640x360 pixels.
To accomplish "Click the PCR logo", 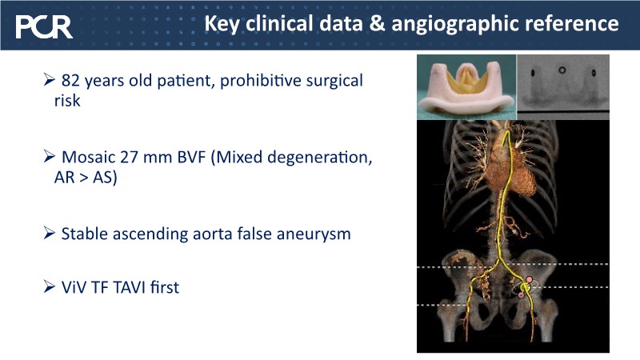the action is click(44, 27).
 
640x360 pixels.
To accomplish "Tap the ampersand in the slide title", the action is click(377, 23).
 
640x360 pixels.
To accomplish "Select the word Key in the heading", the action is click(222, 24).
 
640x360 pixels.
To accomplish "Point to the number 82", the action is click(70, 81).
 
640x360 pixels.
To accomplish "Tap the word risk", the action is click(67, 101).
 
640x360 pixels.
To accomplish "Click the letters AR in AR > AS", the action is click(64, 177).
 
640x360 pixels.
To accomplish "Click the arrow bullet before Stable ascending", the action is click(49, 233).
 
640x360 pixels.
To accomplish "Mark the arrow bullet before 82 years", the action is click(49, 79).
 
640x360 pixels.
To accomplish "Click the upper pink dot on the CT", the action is click(529, 279).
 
